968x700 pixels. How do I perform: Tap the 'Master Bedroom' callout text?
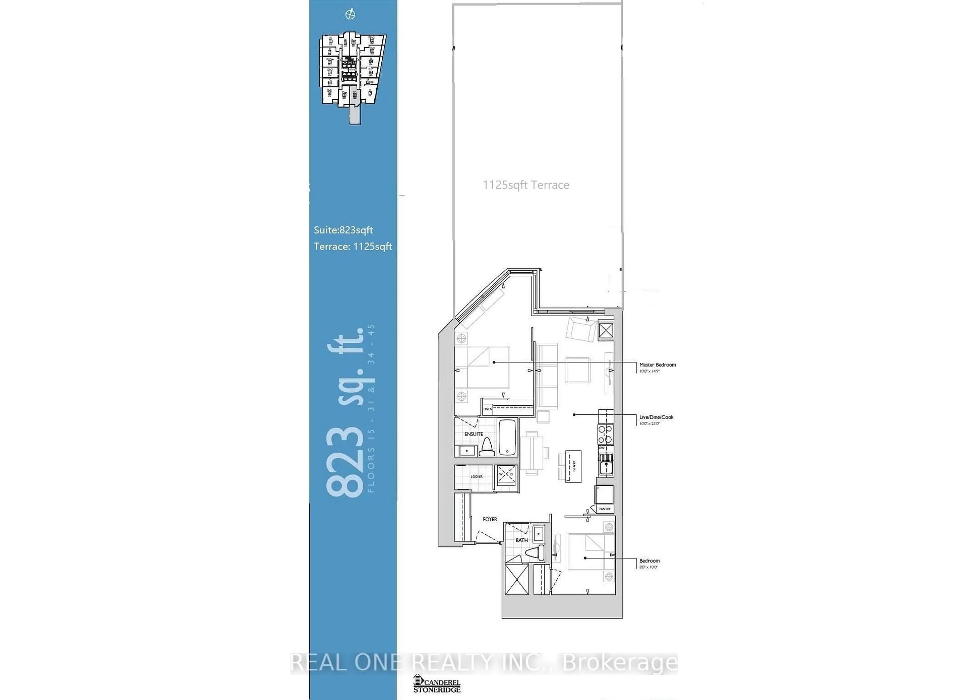(x=657, y=365)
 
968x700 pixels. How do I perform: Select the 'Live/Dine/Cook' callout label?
(x=656, y=417)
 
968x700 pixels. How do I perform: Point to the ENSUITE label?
(x=473, y=434)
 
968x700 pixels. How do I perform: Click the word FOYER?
(x=490, y=519)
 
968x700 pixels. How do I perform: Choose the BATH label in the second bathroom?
(x=522, y=540)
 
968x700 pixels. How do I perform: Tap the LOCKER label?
(x=476, y=476)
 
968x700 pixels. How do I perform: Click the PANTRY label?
(x=604, y=509)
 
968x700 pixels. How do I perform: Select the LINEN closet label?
(x=488, y=409)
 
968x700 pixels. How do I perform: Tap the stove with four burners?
(x=605, y=434)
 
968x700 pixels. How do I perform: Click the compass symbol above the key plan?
(x=350, y=15)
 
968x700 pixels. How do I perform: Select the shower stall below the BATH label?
(x=517, y=579)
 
